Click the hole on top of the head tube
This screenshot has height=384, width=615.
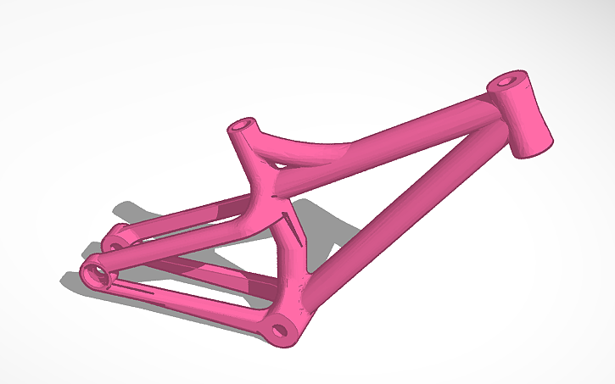[507, 83]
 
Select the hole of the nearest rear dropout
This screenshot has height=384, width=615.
[95, 272]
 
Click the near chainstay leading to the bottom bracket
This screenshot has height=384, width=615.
[187, 302]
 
